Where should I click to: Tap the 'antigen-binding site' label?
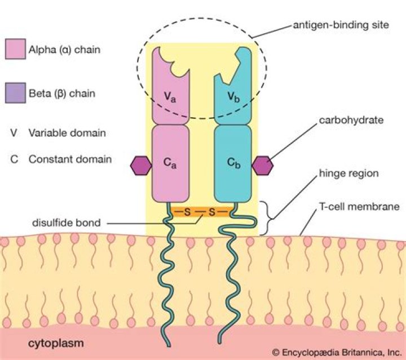point(333,26)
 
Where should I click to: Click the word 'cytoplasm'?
point(53,343)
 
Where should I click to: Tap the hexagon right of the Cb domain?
point(262,165)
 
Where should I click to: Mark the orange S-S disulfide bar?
point(201,212)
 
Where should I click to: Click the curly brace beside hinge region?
point(274,217)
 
